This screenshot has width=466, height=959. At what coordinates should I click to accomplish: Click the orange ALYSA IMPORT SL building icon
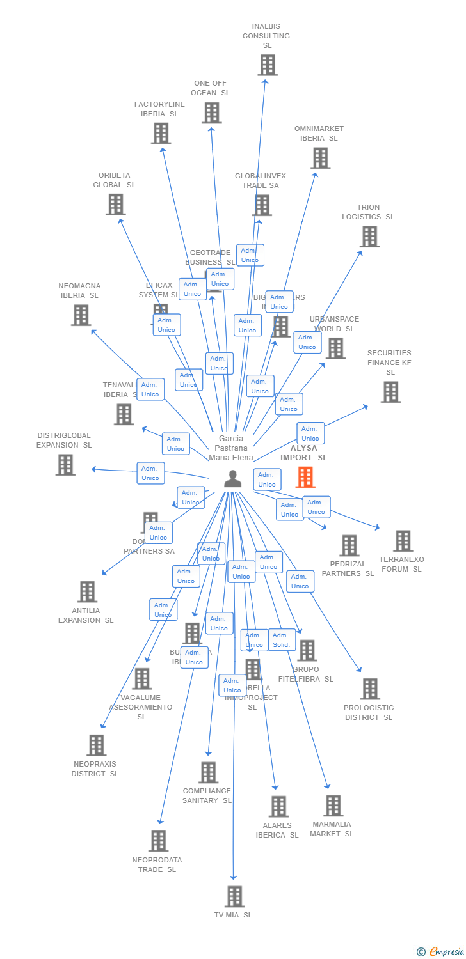click(305, 477)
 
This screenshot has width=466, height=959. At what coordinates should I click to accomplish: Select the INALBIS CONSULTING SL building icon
click(268, 65)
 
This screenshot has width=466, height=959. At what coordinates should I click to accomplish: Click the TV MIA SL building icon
click(234, 896)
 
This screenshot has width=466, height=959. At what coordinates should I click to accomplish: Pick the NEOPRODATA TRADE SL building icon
click(158, 841)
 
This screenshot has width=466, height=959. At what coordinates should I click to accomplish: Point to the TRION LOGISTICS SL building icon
click(369, 237)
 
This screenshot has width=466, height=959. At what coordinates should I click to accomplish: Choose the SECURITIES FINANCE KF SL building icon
click(390, 392)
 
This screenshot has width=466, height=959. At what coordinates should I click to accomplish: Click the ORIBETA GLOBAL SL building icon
click(115, 205)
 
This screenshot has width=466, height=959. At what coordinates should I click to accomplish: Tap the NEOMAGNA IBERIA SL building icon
click(81, 315)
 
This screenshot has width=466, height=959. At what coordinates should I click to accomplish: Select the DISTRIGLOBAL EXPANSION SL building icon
click(65, 465)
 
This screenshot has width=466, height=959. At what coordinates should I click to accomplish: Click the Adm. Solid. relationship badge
click(281, 639)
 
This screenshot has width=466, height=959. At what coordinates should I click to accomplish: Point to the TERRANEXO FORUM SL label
click(401, 565)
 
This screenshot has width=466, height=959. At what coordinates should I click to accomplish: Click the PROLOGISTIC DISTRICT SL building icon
click(370, 689)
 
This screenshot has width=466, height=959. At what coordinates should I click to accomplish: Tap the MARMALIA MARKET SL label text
click(332, 829)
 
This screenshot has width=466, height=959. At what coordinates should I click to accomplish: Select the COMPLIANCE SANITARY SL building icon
click(208, 772)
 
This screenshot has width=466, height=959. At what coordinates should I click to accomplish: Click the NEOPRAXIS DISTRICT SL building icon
click(97, 745)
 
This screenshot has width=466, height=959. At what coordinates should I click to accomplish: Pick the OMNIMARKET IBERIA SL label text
click(319, 133)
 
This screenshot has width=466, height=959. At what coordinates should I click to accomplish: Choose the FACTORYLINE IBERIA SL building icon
click(161, 133)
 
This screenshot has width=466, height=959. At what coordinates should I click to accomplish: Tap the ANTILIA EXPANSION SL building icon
click(88, 591)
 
